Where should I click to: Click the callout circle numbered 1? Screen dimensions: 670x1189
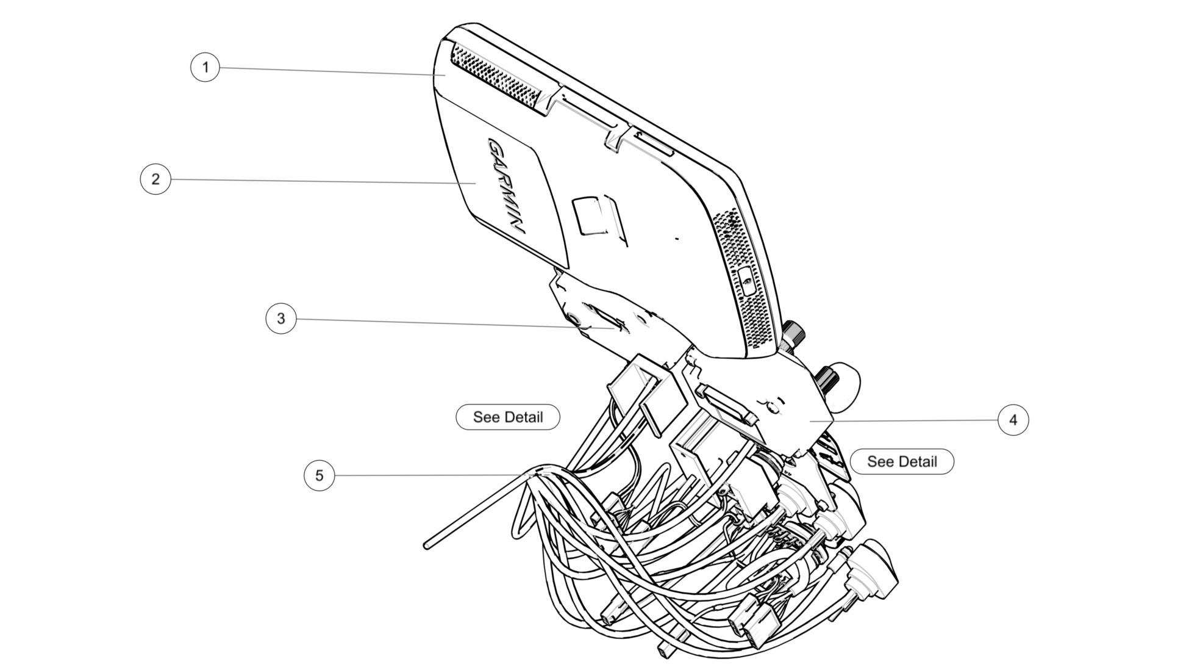coord(205,67)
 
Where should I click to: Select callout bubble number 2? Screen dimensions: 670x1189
coord(155,179)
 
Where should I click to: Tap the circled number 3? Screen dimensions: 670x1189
coord(280,319)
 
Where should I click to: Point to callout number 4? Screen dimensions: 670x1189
coord(1013,420)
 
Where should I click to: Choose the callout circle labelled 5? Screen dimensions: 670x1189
coord(319,475)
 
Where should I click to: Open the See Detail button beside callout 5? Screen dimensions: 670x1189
coord(507,417)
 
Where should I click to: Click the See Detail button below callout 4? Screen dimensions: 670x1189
coord(901,461)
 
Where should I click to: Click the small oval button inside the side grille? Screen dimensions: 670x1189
coord(745,279)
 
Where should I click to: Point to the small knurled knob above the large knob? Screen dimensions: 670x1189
coord(793,333)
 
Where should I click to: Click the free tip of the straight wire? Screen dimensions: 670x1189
coord(427,545)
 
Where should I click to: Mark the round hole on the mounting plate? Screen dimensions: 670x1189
coord(574,319)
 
